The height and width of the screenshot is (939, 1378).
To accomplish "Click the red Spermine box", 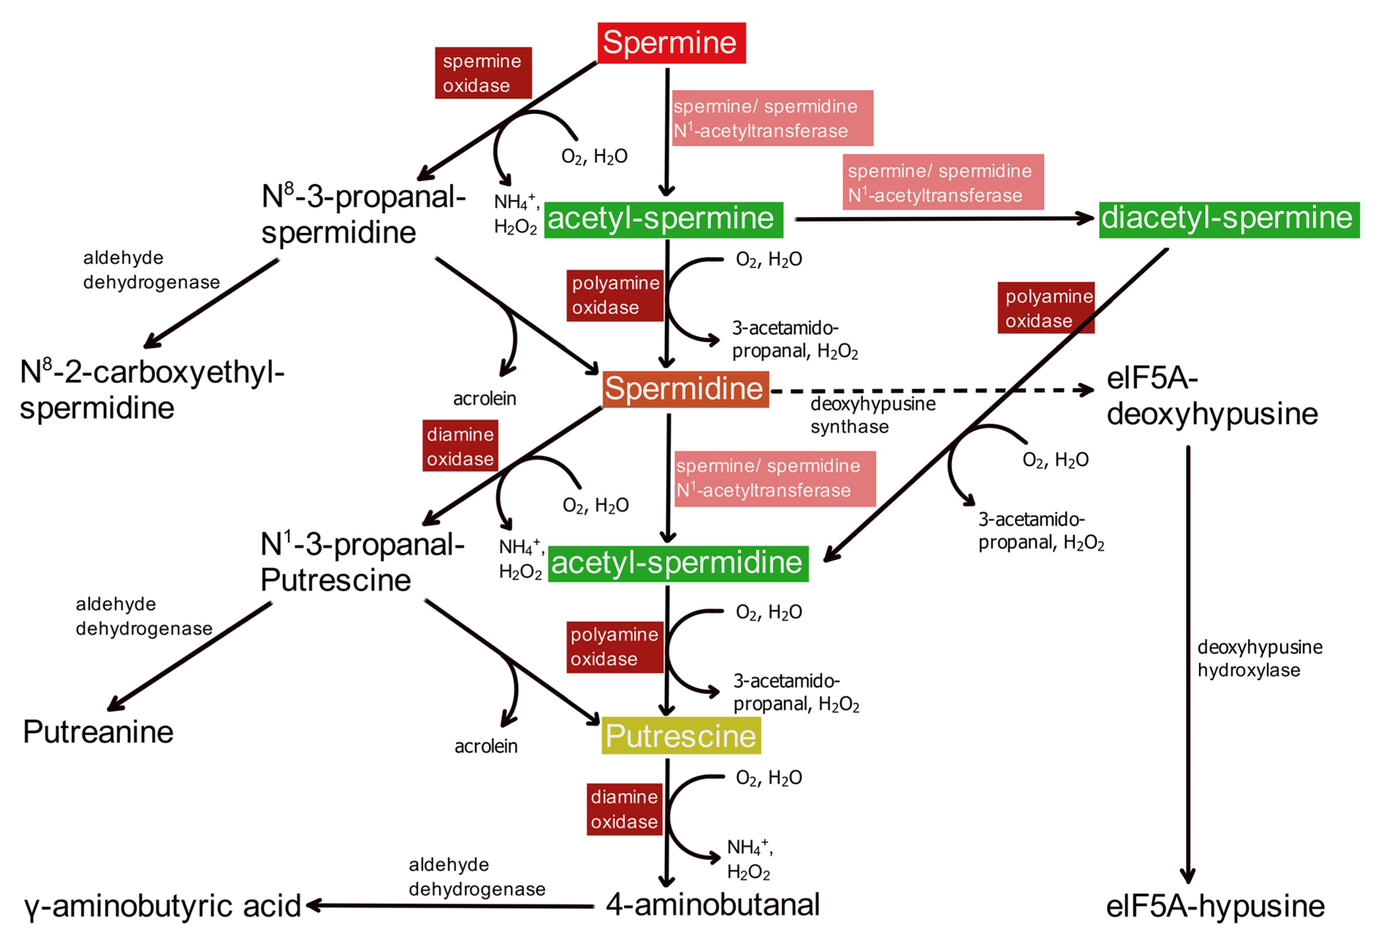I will click(671, 43).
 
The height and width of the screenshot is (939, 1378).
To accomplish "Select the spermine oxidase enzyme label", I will click(483, 73).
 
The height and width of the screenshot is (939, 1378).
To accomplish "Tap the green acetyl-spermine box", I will click(663, 220).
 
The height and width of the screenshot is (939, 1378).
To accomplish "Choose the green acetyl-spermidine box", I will click(678, 563).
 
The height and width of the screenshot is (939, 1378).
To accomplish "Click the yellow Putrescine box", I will click(681, 736).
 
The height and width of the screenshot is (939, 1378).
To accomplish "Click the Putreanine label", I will click(98, 732).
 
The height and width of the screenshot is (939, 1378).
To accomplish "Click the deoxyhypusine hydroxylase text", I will click(1259, 658).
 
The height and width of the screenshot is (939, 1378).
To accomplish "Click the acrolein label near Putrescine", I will click(486, 746).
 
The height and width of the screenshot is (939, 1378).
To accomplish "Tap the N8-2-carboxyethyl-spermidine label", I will click(152, 390).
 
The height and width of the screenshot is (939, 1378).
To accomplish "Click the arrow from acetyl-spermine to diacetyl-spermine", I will click(943, 219).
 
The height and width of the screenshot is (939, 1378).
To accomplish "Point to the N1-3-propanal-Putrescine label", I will click(362, 562).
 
